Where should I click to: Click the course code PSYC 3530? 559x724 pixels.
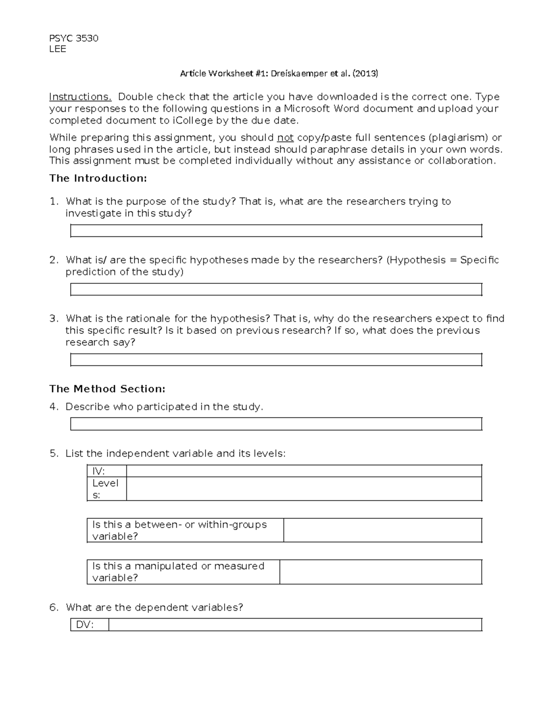coord(74,38)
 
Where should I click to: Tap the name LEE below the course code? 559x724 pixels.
coord(58,49)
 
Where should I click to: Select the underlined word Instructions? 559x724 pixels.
coord(80,97)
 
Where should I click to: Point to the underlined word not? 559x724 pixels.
coord(285,138)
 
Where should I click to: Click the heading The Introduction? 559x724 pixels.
coord(98,178)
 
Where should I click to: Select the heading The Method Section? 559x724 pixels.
coord(107,389)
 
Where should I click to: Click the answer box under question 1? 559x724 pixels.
coord(276,231)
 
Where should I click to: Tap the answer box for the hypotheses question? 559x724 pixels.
coord(276,290)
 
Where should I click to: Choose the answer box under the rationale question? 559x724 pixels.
coord(276,360)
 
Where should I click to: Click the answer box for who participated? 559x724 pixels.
coord(276,424)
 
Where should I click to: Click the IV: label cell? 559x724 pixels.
coord(107,471)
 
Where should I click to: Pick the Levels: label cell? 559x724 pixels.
coord(107,489)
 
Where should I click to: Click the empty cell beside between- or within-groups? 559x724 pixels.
coord(382,531)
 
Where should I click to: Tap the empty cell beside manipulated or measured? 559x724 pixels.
coord(380,572)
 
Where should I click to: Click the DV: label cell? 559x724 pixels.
coord(89,625)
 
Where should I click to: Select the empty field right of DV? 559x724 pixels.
coord(295,625)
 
